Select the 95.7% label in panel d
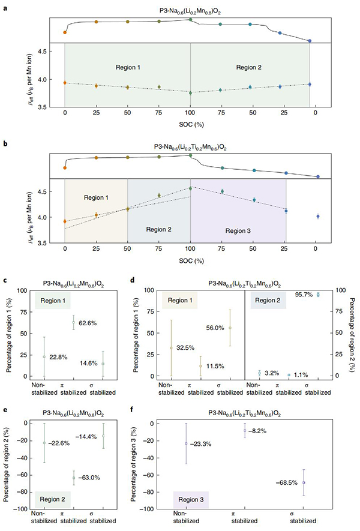point(306,295)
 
